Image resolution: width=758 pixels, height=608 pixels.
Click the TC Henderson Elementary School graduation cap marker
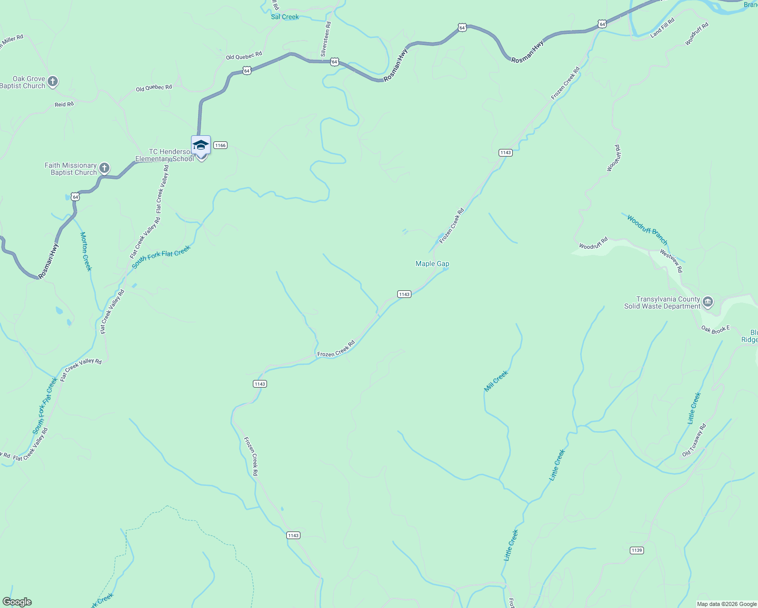point(201,145)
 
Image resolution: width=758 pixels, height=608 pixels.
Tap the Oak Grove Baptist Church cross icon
point(52,82)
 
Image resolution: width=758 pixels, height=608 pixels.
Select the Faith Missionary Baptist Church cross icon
point(104,168)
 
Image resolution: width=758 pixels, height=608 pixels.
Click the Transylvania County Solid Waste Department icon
point(708,302)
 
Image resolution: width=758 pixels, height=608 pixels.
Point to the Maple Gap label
point(432,263)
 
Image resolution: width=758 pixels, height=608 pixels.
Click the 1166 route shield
point(220,145)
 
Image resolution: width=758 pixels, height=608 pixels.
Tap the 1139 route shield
point(637,550)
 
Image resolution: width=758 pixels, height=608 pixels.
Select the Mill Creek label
point(496,381)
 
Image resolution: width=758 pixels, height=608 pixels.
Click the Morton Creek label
point(86,251)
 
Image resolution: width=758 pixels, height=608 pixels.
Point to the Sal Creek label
point(285,17)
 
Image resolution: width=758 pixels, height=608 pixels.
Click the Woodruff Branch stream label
point(647,230)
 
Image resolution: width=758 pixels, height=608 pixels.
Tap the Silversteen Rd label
point(325,39)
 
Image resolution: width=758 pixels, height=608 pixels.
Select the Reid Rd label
point(64,104)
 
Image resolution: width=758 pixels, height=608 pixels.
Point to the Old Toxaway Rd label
point(694,440)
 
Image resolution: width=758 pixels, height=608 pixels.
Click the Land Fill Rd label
point(662,27)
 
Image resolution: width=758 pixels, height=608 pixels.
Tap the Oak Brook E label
point(715,329)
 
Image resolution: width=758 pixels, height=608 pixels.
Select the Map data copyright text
point(727,604)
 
